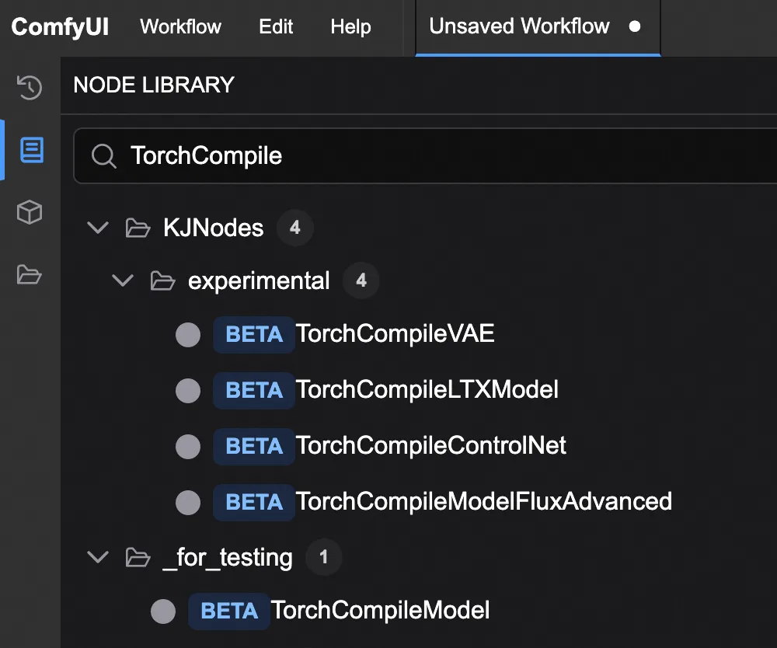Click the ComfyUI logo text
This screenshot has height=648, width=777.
(60, 26)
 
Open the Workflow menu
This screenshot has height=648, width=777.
(180, 26)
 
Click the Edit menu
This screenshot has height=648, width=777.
(276, 26)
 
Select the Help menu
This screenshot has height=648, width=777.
(351, 27)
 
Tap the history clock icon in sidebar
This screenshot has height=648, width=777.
(30, 88)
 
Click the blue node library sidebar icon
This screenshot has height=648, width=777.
(32, 150)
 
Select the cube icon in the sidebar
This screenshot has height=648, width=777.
(30, 213)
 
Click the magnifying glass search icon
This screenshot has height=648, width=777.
(104, 156)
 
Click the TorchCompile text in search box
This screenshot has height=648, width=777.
(206, 156)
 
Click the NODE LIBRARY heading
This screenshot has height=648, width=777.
(154, 85)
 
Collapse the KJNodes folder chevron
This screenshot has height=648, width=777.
(98, 228)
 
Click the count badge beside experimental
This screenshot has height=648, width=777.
(361, 280)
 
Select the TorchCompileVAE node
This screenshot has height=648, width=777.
(395, 333)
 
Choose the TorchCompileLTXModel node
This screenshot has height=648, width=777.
(427, 389)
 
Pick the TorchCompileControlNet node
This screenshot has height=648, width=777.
(431, 445)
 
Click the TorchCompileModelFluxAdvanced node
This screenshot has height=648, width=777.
(484, 501)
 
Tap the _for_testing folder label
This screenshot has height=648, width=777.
(228, 558)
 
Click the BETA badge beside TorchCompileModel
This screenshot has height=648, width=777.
(229, 611)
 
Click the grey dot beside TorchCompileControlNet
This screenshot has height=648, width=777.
(188, 446)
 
